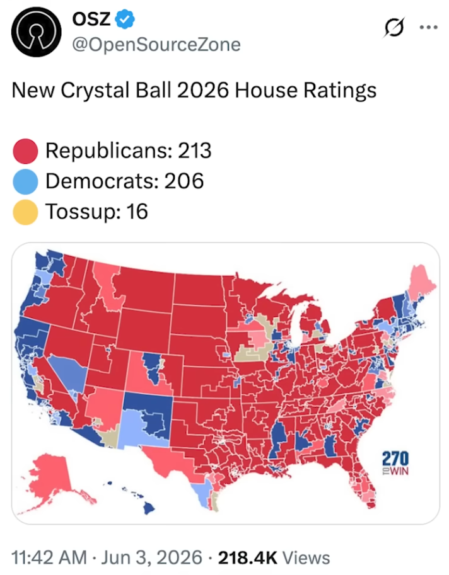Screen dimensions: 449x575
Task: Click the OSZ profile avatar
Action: click(x=36, y=32)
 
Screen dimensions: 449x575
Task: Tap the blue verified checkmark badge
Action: click(x=125, y=19)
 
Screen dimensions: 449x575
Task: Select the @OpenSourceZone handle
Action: click(x=156, y=45)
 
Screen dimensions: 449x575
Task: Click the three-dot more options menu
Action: click(x=428, y=27)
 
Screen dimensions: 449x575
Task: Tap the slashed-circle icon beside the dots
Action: click(x=394, y=28)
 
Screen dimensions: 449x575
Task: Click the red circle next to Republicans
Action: click(x=25, y=151)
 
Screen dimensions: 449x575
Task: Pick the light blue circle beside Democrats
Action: click(x=25, y=181)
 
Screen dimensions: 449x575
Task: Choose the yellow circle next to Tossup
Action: click(x=25, y=212)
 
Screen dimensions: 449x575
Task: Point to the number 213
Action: click(x=195, y=151)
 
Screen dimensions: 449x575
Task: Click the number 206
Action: click(x=184, y=181)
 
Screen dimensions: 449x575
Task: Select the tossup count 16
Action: click(x=137, y=211)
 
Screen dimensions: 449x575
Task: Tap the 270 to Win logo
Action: click(x=395, y=463)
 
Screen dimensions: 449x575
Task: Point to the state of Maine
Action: click(x=422, y=282)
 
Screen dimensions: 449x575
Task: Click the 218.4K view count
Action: click(x=247, y=557)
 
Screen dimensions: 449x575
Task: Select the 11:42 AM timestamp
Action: click(x=49, y=557)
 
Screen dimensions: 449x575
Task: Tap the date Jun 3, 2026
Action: click(x=151, y=558)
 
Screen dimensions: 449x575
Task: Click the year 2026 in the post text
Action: click(x=202, y=90)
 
